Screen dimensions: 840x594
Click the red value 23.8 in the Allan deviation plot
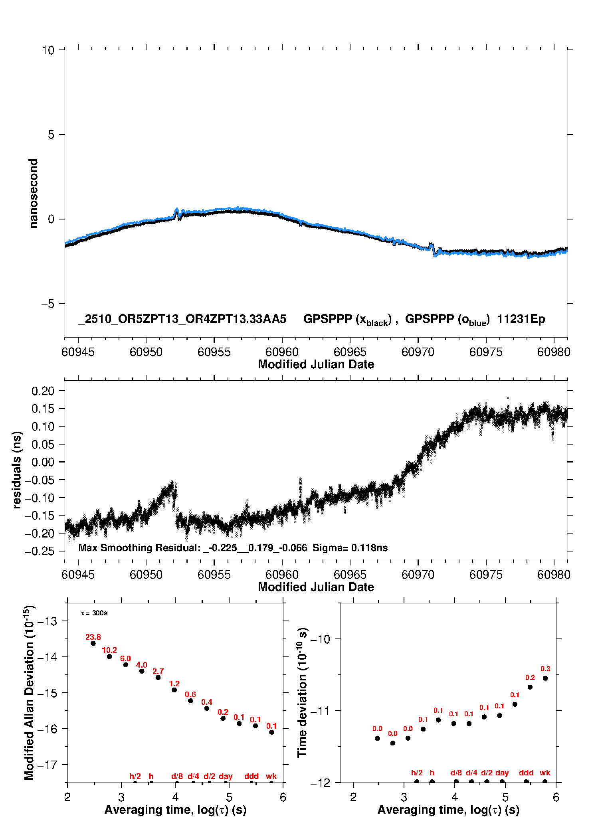tap(93, 637)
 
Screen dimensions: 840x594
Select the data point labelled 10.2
tap(109, 656)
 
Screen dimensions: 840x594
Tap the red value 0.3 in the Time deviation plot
tap(545, 669)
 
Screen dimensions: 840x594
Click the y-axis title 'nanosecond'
tap(34, 194)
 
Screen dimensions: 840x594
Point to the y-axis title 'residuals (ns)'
tap(16, 470)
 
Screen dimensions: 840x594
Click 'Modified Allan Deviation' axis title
tap(29, 692)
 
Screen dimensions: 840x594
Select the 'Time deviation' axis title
tap(302, 692)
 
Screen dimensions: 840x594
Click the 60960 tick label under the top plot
tap(282, 352)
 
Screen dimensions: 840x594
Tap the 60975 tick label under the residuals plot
tap(486, 575)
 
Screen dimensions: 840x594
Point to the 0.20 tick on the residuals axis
tap(43, 391)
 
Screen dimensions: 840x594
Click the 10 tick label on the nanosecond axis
tap(48, 50)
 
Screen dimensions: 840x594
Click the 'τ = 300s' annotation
tap(94, 613)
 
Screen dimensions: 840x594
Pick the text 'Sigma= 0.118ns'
tap(350, 548)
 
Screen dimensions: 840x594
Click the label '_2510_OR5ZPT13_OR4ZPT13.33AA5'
tap(182, 319)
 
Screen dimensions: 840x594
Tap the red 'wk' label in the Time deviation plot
tap(545, 773)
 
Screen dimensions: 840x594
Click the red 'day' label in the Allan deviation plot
tap(226, 776)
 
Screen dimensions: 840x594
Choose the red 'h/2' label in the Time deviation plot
tap(417, 773)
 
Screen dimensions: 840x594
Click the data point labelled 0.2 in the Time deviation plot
tap(530, 687)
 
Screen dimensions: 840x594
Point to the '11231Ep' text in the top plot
tap(521, 319)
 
